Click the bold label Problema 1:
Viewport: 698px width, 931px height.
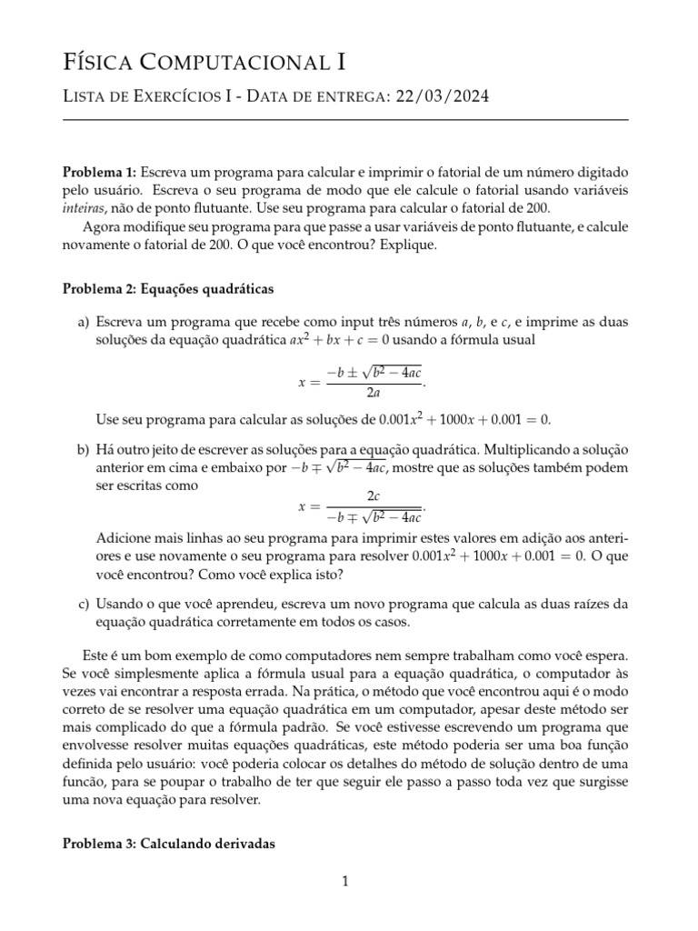point(99,172)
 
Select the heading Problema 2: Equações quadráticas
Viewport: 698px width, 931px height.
point(167,289)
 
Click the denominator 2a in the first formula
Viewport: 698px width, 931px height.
point(374,394)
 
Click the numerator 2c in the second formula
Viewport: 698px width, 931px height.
point(373,496)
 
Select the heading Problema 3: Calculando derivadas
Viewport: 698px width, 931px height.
point(167,844)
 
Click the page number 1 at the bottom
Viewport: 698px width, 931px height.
point(345,881)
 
